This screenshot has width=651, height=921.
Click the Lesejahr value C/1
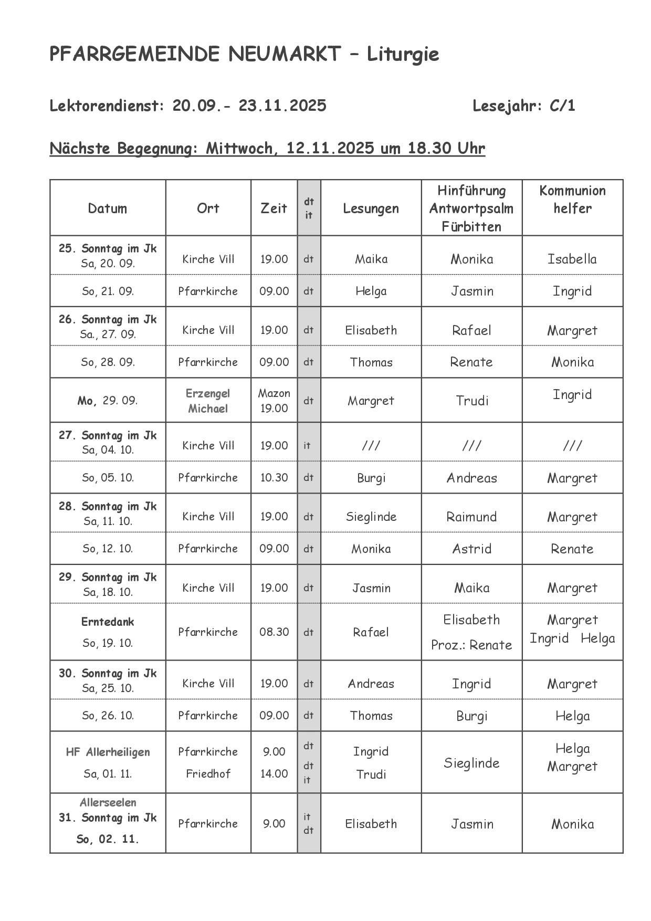coord(562,106)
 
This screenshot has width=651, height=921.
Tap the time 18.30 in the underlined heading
coord(429,149)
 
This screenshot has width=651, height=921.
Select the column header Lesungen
coord(371,208)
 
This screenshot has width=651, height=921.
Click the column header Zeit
coord(274,208)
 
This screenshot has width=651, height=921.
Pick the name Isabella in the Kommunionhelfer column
coord(572,259)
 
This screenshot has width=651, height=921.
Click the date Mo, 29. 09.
coord(108,401)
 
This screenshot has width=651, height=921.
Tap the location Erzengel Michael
coord(208,401)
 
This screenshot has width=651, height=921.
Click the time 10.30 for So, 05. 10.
coord(274,478)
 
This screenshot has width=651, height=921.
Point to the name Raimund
coord(471,517)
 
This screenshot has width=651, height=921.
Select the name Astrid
coord(471,549)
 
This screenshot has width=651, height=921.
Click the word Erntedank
coord(108,622)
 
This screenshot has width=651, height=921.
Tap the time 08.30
coord(274,632)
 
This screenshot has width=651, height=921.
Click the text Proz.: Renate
coord(471,645)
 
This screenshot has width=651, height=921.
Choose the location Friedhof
coord(208,774)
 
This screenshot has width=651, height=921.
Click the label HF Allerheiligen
coord(108,752)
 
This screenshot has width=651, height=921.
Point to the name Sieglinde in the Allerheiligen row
coord(471,763)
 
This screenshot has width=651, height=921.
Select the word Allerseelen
coord(108,803)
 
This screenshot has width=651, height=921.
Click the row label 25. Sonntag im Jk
coord(108,248)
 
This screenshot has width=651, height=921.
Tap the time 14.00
coord(274,774)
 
